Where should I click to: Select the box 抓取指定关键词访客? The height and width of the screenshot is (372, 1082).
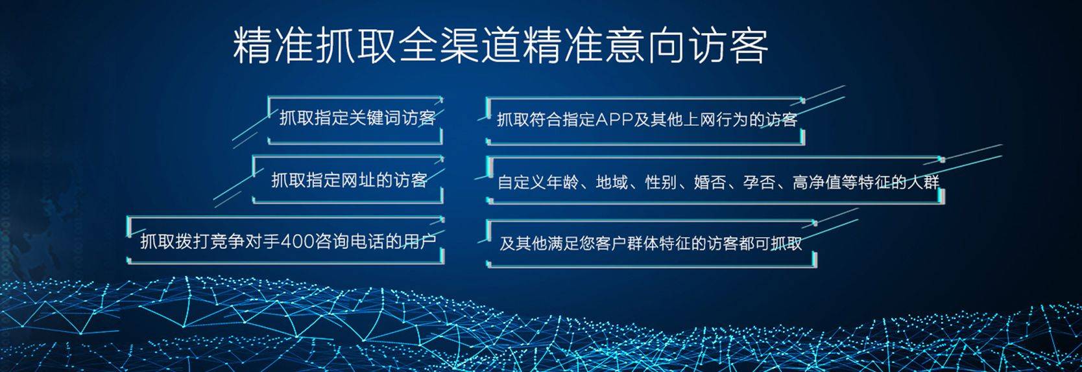356,119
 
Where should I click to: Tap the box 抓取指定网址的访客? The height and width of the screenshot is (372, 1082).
348,180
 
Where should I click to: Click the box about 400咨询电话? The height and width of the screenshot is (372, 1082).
287,242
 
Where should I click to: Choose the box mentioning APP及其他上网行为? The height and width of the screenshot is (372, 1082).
646,119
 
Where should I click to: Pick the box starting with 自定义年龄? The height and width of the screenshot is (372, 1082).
717,182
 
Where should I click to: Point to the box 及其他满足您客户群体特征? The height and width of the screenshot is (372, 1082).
651,243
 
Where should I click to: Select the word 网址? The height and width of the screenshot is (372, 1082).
357,180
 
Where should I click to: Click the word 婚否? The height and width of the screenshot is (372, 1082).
710,182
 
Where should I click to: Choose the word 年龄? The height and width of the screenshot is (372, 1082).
562,182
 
